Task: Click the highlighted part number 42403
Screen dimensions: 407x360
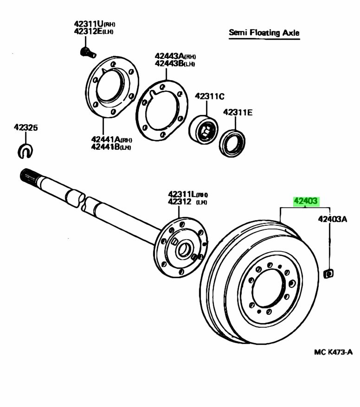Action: tap(305, 201)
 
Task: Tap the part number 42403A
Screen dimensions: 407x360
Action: tap(333, 219)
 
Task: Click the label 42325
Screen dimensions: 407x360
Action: tap(26, 127)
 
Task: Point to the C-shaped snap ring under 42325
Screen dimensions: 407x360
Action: tap(25, 151)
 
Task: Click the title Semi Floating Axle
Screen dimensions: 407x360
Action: tap(264, 33)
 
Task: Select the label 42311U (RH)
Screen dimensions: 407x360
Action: tap(93, 24)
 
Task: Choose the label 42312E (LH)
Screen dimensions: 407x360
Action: tap(93, 32)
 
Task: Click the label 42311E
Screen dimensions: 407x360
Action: tap(238, 112)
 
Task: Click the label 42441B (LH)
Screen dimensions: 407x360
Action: tap(111, 147)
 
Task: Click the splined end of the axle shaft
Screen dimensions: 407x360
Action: tap(28, 175)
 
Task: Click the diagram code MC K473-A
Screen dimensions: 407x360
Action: tap(333, 352)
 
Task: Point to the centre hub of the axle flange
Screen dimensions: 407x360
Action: tap(184, 249)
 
